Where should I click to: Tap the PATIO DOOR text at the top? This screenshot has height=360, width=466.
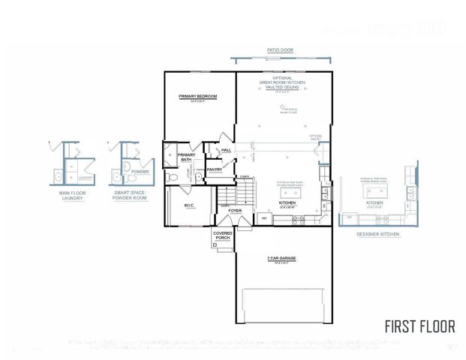pyautogui.click(x=280, y=51)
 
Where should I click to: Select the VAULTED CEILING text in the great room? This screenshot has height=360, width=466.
pyautogui.click(x=280, y=87)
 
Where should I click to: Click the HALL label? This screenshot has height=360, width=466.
pyautogui.click(x=226, y=150)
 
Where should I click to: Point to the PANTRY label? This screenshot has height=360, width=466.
pyautogui.click(x=214, y=169)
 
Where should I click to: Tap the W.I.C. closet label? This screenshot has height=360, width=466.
pyautogui.click(x=190, y=205)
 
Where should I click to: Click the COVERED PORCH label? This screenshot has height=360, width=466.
pyautogui.click(x=223, y=235)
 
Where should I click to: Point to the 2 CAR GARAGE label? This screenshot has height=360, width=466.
pyautogui.click(x=281, y=258)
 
